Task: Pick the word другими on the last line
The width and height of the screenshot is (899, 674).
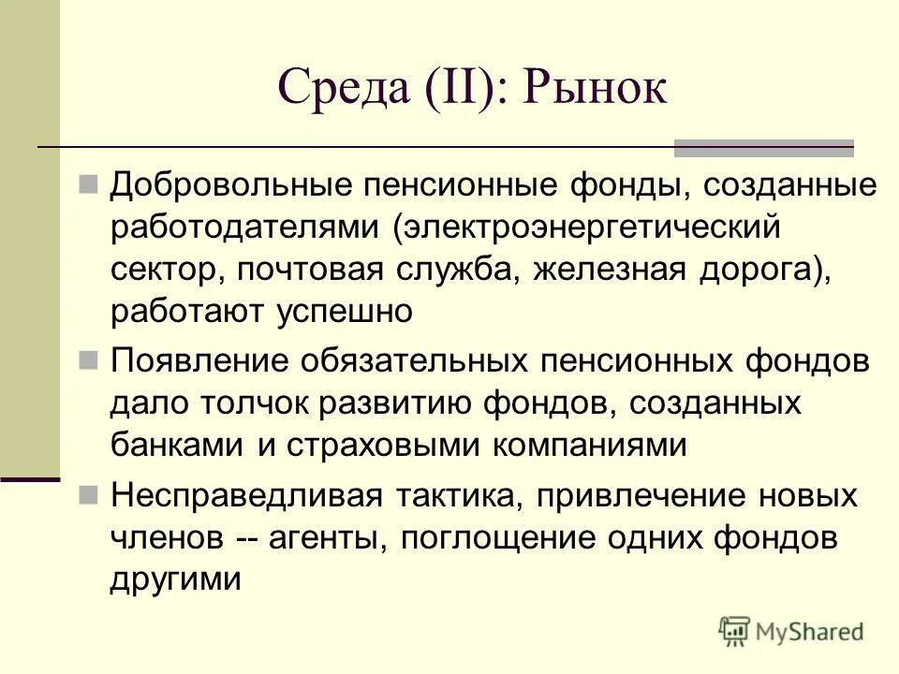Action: click(176, 580)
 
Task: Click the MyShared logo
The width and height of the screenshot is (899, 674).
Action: click(791, 631)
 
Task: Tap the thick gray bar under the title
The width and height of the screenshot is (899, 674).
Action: click(764, 147)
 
